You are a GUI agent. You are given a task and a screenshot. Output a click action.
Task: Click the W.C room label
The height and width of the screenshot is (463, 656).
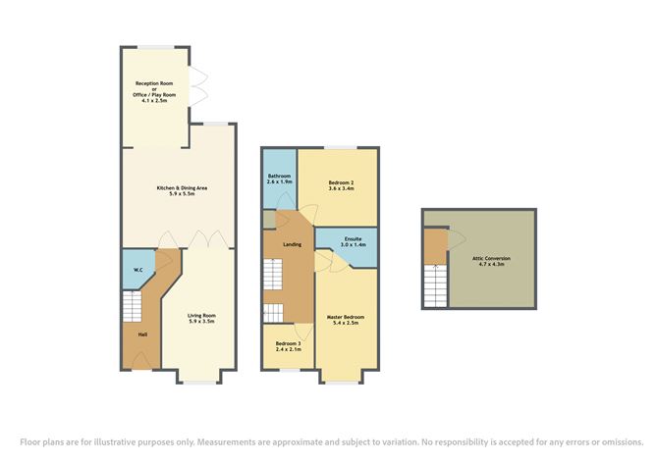click(x=138, y=270)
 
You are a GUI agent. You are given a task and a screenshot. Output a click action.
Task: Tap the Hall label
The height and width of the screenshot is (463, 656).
click(x=142, y=334)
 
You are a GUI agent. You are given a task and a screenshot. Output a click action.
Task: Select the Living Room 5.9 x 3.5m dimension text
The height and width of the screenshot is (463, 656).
click(x=201, y=322)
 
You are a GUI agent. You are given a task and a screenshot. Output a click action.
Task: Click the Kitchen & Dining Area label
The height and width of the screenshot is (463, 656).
click(x=182, y=188)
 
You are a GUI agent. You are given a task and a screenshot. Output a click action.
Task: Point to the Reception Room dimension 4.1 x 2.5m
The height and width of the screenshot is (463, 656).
click(x=154, y=101)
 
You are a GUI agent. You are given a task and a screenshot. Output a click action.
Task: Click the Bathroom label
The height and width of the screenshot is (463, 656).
click(x=279, y=176)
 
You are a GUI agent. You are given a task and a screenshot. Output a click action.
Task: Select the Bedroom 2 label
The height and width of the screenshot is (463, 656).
click(x=342, y=182)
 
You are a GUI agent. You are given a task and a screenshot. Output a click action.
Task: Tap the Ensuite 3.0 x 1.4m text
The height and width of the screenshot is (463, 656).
click(x=354, y=241)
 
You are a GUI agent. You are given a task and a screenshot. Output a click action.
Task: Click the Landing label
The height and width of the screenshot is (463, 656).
click(x=292, y=244)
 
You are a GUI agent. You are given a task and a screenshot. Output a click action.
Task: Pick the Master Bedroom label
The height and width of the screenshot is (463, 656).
click(x=346, y=317)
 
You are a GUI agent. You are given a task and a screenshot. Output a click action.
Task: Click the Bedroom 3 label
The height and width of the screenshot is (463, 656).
click(x=289, y=343)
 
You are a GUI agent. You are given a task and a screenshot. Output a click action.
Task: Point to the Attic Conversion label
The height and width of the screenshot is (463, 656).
click(x=491, y=258)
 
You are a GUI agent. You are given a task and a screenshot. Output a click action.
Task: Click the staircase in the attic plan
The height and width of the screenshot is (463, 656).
click(x=435, y=285)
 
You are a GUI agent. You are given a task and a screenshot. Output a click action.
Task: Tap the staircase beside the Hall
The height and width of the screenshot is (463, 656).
click(x=132, y=306)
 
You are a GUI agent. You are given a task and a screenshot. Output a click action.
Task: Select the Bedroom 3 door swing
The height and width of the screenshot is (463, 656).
click(x=303, y=332)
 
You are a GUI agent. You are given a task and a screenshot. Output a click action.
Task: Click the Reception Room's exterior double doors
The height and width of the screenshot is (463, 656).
click(x=198, y=87)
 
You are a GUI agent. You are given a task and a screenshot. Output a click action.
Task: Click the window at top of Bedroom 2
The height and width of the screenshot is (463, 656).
click(x=340, y=147)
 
